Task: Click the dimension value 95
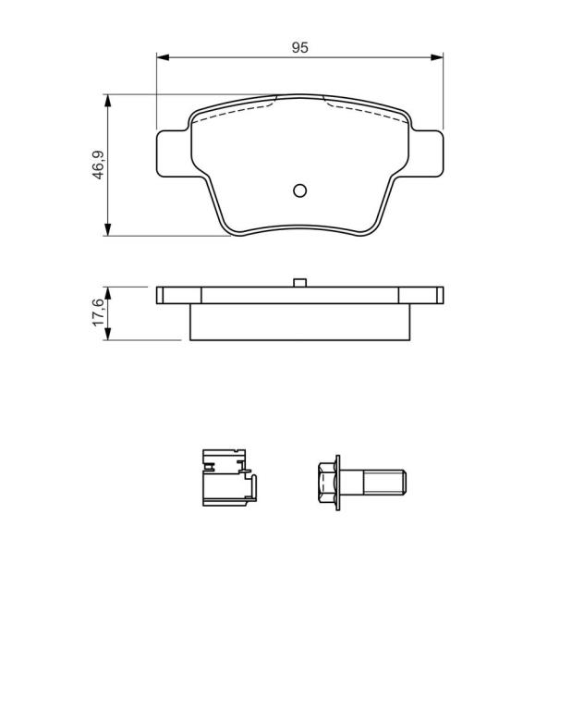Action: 299,47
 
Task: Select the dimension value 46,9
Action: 99,165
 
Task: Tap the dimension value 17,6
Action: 98,312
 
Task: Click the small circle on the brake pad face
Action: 299,190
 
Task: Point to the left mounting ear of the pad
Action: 172,153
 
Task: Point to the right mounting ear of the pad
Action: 427,153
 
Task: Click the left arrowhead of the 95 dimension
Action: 163,57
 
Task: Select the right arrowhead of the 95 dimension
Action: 437,57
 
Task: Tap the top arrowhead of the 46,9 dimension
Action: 107,101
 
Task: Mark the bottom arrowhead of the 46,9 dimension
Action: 107,229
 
